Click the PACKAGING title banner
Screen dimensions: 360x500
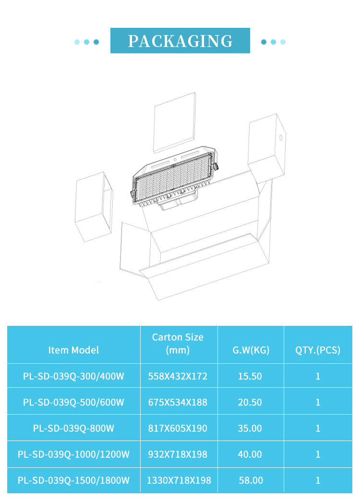[180, 40]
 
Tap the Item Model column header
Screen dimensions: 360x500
[73, 350]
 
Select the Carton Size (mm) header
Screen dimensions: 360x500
[178, 344]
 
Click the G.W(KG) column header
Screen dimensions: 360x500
[251, 350]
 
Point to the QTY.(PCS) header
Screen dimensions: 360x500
[318, 350]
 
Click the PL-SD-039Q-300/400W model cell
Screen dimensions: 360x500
[73, 376]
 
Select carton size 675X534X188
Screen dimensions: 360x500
[178, 403]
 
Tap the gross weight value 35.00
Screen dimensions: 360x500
[250, 428]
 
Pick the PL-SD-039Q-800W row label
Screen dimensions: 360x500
[73, 428]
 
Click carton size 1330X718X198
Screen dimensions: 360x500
[179, 480]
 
